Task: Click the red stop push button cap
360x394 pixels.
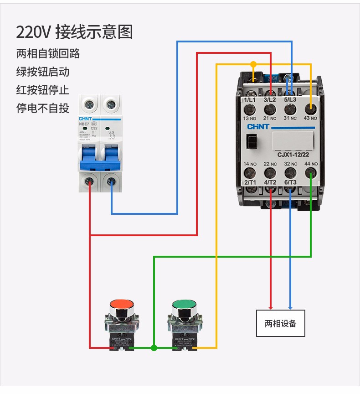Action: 122,305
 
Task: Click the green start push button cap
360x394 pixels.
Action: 185,305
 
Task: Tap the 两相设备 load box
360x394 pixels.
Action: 280,323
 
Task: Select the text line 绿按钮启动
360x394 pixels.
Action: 43,72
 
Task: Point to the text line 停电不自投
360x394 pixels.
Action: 43,108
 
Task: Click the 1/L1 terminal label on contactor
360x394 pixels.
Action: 250,99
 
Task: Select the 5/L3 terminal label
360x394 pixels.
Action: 290,99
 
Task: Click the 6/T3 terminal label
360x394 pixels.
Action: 290,182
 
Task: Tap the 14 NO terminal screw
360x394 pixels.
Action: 250,173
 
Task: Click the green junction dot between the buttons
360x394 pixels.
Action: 154,348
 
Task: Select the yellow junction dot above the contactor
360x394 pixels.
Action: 253,64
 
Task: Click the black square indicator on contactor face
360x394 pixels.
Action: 250,142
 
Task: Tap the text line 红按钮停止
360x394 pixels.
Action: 43,90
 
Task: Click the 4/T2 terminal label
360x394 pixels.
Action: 270,182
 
